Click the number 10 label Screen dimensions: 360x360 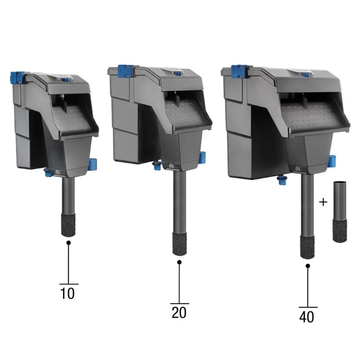[x=67, y=293]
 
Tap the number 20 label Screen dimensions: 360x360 [x=179, y=312]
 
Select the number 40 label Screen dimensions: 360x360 [x=307, y=317]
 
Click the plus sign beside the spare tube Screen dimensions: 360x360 [x=323, y=202]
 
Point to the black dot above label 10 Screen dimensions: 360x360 [x=68, y=243]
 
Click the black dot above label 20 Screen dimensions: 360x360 [x=180, y=262]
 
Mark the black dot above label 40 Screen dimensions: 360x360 [x=308, y=266]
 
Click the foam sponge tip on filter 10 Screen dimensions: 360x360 [x=68, y=225]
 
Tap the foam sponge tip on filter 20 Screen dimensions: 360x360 [x=180, y=244]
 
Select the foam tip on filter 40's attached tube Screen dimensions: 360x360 [x=307, y=247]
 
